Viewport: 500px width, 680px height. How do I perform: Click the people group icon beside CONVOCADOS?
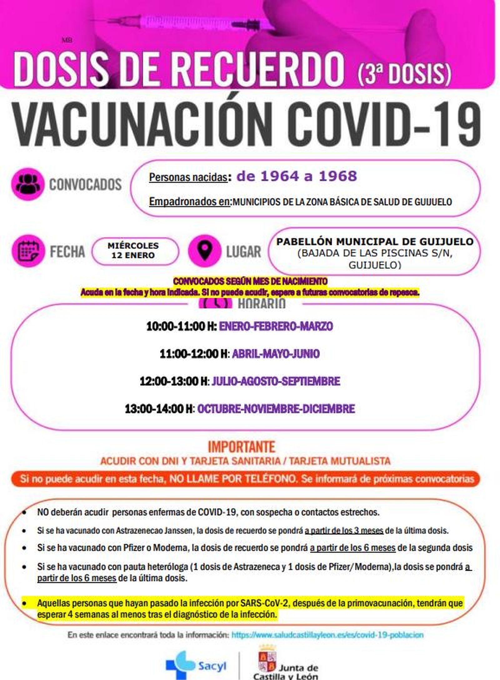point(28,184)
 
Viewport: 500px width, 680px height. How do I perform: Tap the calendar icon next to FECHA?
point(28,251)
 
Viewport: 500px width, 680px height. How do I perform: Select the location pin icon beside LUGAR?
point(205,251)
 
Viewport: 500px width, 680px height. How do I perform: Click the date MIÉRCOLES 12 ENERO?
point(133,251)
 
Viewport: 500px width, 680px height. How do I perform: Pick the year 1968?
point(338,176)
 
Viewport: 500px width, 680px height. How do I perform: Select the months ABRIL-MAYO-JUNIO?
point(276,354)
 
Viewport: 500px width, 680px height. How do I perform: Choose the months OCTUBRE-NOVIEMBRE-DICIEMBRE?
point(276,409)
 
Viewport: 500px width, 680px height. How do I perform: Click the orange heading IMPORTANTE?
point(242,447)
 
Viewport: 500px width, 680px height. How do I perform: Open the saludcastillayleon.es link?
point(327,635)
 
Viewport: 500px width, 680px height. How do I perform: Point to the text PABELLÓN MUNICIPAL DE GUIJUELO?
point(375,241)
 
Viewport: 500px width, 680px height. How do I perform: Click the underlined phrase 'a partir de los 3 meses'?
point(344,530)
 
